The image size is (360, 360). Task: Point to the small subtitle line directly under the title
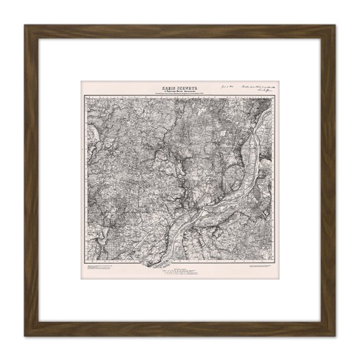pos(177,91)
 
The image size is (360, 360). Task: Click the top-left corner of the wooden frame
pos(26,26)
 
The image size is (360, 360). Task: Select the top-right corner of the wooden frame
pos(334,26)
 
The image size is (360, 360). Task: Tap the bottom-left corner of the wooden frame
pos(26,334)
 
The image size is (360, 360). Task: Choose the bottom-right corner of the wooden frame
pos(334,334)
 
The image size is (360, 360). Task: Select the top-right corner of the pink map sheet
pos(281,80)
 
